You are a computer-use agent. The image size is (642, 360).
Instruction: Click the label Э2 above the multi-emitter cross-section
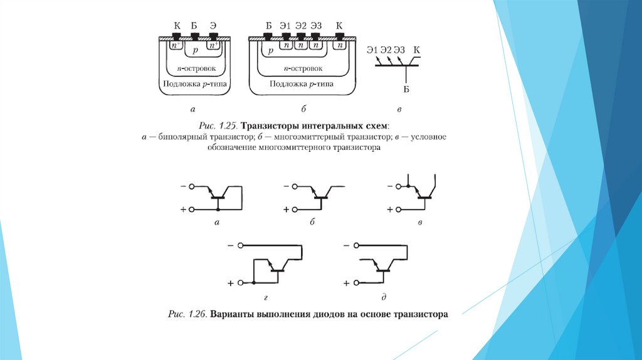click(x=301, y=26)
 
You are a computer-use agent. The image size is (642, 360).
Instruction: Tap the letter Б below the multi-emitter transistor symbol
click(x=406, y=90)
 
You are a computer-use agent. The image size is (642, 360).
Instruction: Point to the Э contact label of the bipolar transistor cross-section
click(x=214, y=26)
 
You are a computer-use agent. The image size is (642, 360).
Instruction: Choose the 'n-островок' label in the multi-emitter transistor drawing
click(x=303, y=68)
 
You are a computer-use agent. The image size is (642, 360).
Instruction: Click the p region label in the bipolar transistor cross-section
click(x=195, y=48)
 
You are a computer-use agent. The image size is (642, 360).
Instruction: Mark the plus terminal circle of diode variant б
click(x=296, y=209)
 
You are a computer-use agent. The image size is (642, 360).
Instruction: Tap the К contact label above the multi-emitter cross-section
click(x=340, y=26)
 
